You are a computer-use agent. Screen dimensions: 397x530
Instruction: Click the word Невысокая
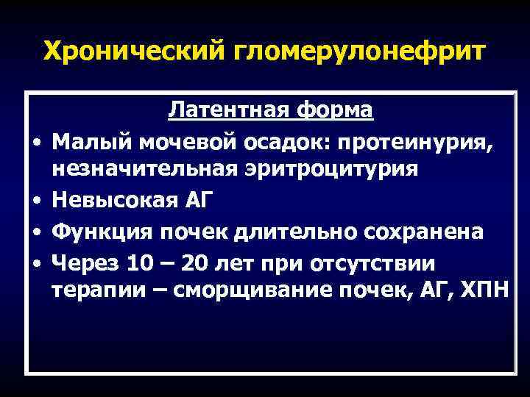click(111, 201)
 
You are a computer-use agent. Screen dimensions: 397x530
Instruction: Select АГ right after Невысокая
click(191, 201)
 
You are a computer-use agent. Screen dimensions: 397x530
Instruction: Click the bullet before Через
click(36, 263)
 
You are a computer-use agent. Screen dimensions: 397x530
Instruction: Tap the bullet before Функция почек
click(36, 233)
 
